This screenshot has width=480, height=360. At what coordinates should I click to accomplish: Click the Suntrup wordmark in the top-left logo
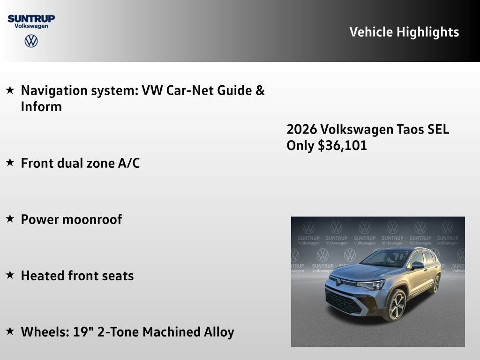pyautogui.click(x=31, y=18)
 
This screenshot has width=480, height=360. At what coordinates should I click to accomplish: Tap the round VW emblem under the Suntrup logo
pyautogui.click(x=31, y=41)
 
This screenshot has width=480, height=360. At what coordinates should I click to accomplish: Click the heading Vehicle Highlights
pyautogui.click(x=404, y=32)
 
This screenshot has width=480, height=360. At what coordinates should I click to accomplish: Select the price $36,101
pyautogui.click(x=342, y=145)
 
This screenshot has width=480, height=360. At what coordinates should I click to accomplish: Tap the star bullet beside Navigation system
pyautogui.click(x=10, y=90)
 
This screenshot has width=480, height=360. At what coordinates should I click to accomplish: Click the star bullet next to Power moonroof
pyautogui.click(x=10, y=219)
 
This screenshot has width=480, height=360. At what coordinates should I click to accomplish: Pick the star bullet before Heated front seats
pyautogui.click(x=10, y=275)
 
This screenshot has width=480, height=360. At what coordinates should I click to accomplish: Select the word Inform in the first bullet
pyautogui.click(x=41, y=106)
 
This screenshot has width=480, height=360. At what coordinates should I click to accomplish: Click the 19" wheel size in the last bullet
pyautogui.click(x=82, y=331)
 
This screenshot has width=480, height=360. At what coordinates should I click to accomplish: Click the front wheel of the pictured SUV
pyautogui.click(x=396, y=305)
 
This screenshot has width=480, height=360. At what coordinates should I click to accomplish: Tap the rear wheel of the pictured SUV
pyautogui.click(x=436, y=284)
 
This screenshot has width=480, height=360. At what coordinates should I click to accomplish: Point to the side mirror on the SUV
pyautogui.click(x=417, y=265)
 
